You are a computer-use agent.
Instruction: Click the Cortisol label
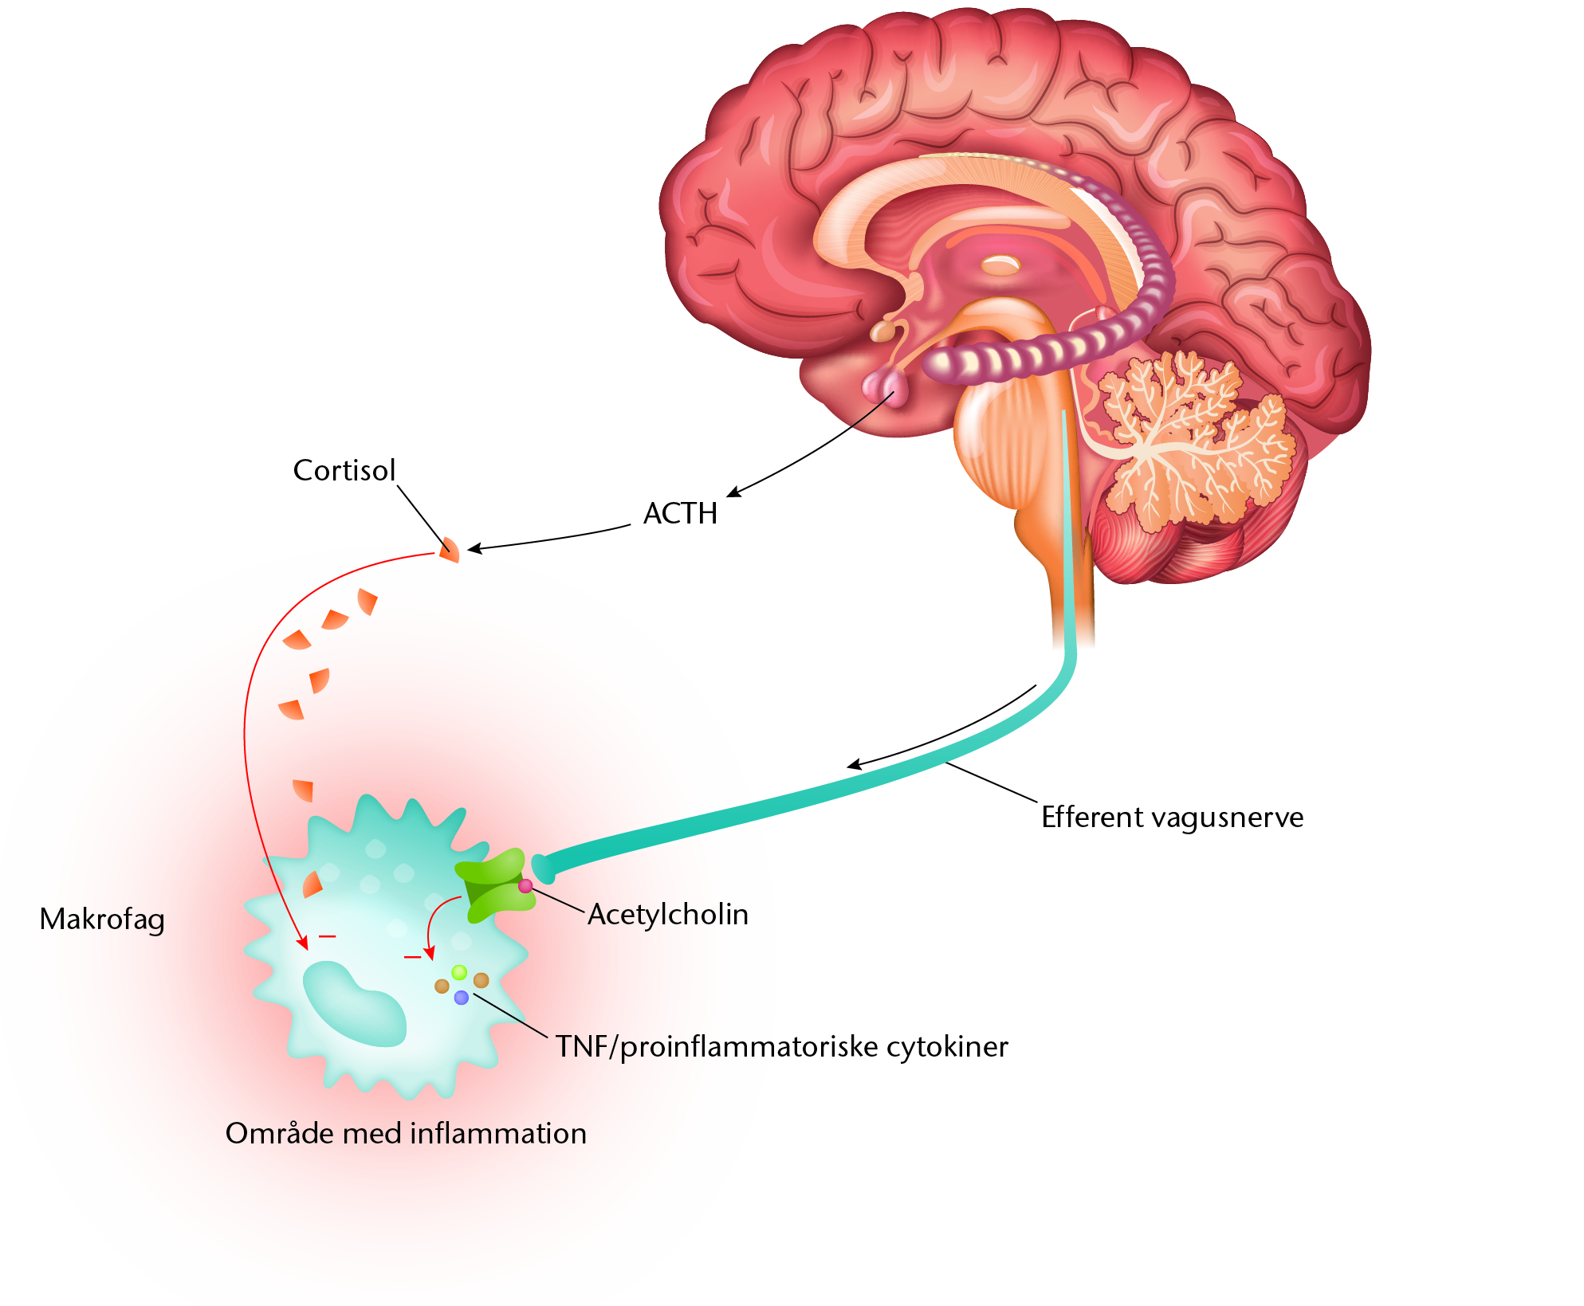pyautogui.click(x=344, y=470)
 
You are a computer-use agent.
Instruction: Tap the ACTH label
pyautogui.click(x=680, y=513)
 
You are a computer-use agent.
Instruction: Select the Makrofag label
pyautogui.click(x=102, y=920)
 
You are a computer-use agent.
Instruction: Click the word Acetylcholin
pyautogui.click(x=668, y=915)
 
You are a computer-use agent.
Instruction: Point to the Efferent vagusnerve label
pyautogui.click(x=1172, y=818)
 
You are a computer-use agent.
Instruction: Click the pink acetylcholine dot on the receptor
pyautogui.click(x=525, y=886)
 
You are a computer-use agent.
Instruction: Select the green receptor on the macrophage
pyautogui.click(x=494, y=884)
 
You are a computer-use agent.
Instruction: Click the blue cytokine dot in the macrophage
pyautogui.click(x=462, y=998)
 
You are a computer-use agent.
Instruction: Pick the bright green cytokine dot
pyautogui.click(x=459, y=972)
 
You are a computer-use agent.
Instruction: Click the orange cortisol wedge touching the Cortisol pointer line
pyautogui.click(x=450, y=550)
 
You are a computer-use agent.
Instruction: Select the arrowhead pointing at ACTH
pyautogui.click(x=734, y=492)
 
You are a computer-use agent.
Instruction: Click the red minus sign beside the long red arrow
pyautogui.click(x=327, y=936)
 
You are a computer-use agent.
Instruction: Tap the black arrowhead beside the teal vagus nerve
pyautogui.click(x=855, y=765)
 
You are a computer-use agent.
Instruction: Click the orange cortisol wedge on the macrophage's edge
pyautogui.click(x=312, y=884)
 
